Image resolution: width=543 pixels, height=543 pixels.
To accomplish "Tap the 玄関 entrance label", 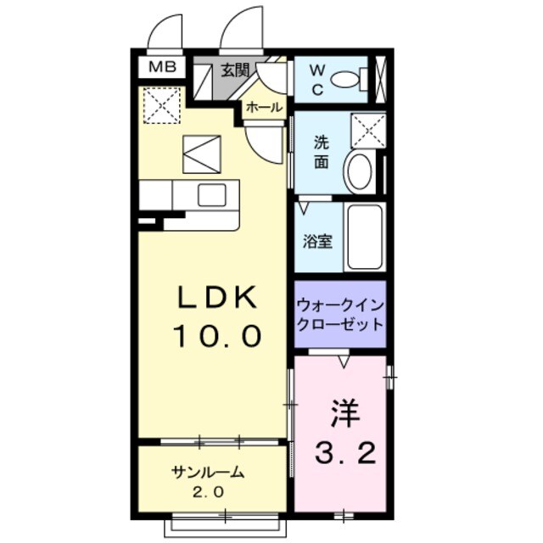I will [236, 70].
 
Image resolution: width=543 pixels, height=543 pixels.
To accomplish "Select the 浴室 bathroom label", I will [318, 240].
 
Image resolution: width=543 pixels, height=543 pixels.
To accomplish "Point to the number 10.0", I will [216, 337].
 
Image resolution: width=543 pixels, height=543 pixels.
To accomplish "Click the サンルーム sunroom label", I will [207, 473].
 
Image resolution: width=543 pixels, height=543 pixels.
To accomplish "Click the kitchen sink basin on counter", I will [210, 194].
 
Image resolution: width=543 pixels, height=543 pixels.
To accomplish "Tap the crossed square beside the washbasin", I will [368, 130].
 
